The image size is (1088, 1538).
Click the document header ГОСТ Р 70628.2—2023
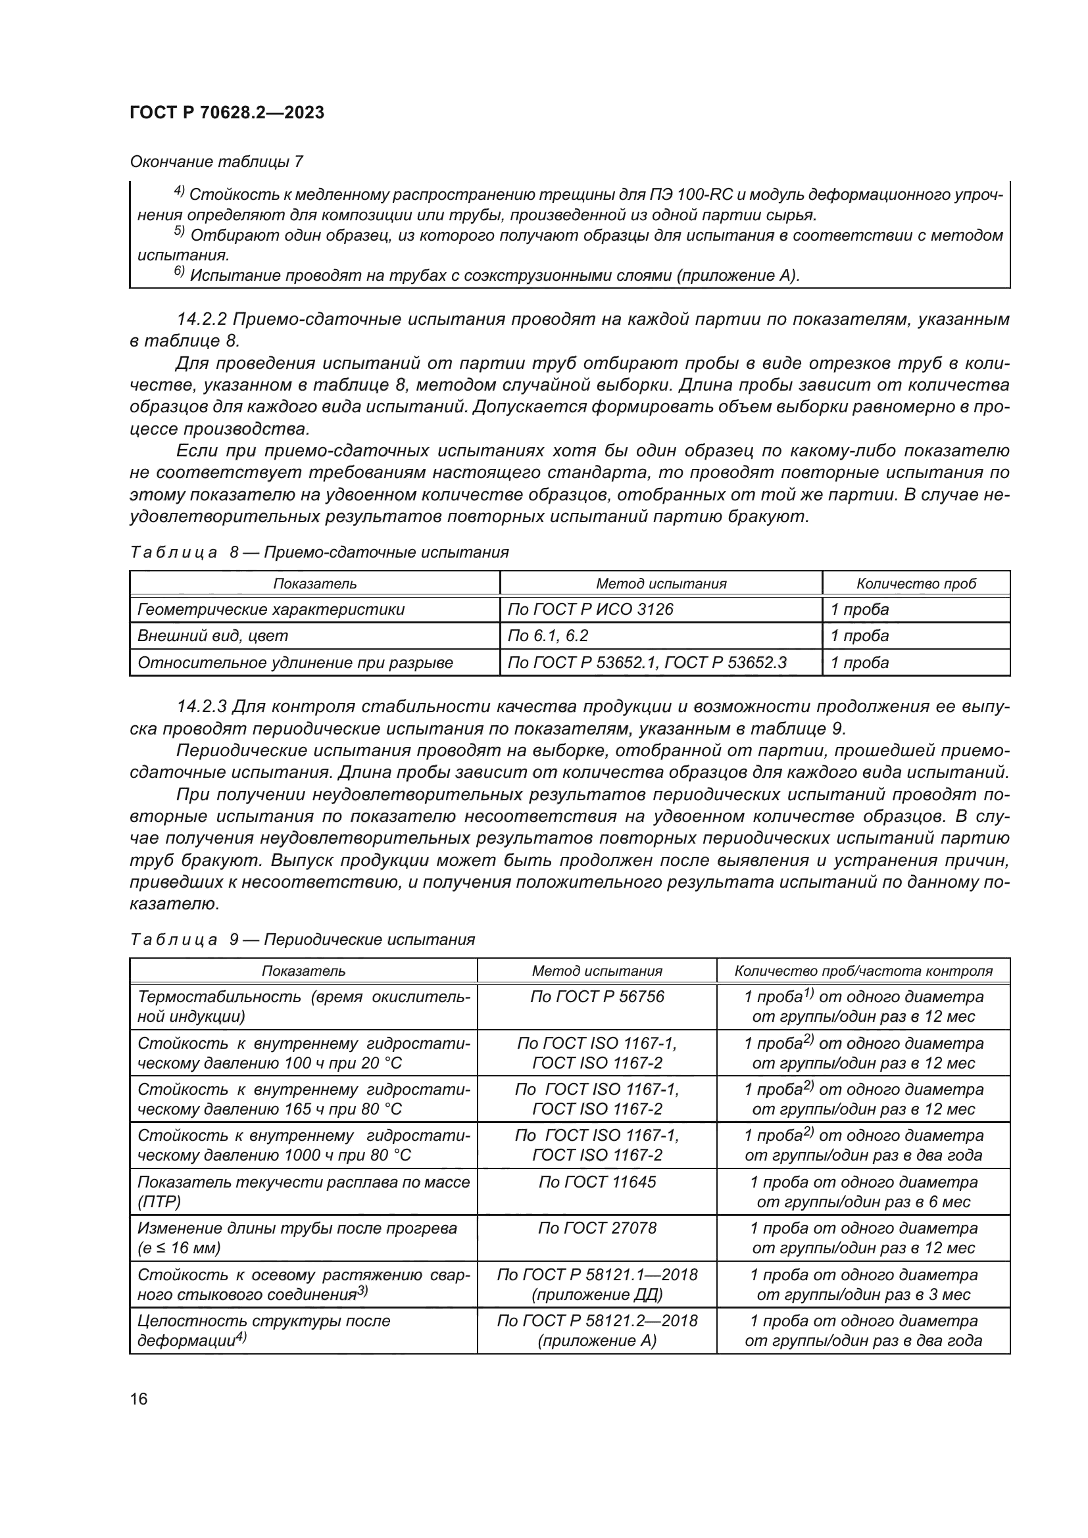226,112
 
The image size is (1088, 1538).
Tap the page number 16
139,1399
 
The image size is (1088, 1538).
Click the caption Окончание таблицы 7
216,162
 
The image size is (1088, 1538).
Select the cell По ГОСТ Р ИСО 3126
590,610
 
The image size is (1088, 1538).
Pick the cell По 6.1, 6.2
547,636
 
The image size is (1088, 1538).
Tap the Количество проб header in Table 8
916,583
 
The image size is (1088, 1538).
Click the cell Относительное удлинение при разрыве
295,663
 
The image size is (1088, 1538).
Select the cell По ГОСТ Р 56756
597,997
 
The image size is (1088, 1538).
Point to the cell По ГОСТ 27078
597,1228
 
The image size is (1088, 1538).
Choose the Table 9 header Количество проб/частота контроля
863,971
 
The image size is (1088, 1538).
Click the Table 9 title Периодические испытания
369,940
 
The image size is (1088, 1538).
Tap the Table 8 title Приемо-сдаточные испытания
386,552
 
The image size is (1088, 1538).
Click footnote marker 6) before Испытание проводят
179,272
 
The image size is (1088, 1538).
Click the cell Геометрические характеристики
270,610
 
